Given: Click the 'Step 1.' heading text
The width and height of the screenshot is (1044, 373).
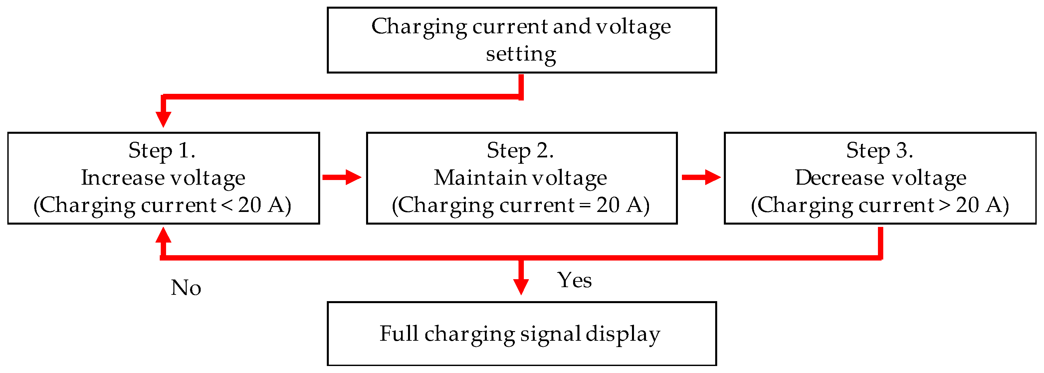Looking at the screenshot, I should click(x=162, y=151).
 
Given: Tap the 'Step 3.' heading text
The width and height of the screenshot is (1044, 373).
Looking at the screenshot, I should click(x=880, y=151).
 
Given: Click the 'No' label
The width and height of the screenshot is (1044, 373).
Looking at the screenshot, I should click(x=186, y=287).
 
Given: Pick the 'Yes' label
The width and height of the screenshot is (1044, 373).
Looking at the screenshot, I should click(x=574, y=280).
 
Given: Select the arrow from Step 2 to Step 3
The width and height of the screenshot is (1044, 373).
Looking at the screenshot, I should click(x=701, y=177).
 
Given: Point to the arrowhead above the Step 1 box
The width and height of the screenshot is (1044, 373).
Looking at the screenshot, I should click(x=163, y=119).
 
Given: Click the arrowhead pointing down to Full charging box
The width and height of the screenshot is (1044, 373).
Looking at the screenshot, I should click(x=521, y=286).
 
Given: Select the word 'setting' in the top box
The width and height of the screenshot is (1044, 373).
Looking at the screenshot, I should click(x=521, y=54).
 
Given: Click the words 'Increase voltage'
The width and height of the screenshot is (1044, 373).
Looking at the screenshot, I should click(x=163, y=178).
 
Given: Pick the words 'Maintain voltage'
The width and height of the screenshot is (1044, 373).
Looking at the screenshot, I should click(x=521, y=178).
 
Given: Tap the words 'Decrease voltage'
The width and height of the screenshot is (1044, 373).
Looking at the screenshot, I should click(x=880, y=178).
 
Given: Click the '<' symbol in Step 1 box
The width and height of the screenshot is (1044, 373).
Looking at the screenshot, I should click(x=227, y=205).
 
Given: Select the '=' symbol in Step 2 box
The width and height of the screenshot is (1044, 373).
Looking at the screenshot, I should click(x=585, y=205).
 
